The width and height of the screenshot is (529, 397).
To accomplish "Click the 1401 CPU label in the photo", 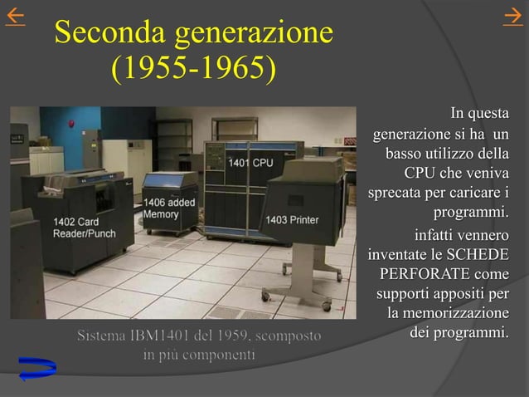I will click(250, 163).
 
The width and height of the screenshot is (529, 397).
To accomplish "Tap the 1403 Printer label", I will click(292, 220).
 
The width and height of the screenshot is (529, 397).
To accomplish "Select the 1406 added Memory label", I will click(169, 208).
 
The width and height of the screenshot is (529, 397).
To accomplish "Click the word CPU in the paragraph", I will click(420, 174).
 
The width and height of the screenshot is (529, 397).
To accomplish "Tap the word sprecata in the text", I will click(396, 194).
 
